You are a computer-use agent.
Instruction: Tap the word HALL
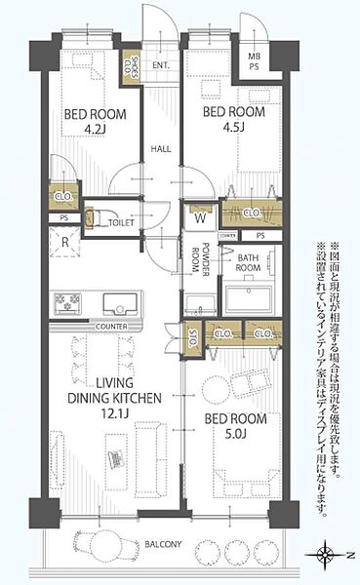click(161, 149)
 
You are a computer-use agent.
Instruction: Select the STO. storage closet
click(192, 337)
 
